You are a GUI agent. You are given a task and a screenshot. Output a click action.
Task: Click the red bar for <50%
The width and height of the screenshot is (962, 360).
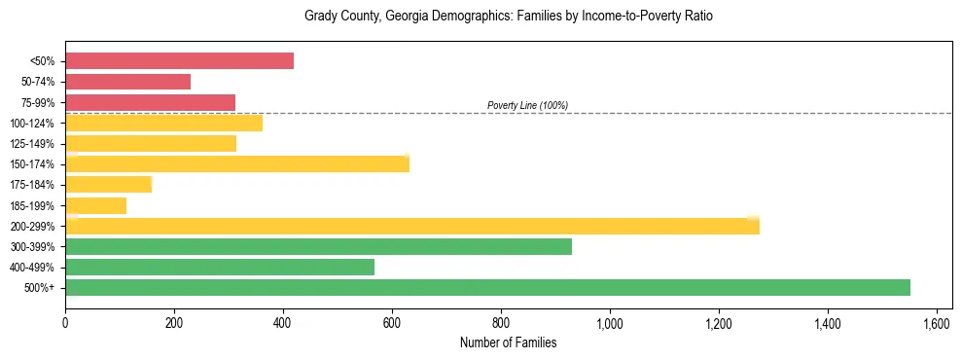click(179, 61)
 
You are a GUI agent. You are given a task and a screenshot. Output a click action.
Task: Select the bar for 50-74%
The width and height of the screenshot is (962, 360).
click(127, 82)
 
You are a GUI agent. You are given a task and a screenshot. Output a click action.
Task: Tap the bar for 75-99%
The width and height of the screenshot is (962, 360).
click(150, 102)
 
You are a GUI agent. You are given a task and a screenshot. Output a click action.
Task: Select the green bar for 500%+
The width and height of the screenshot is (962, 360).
click(487, 287)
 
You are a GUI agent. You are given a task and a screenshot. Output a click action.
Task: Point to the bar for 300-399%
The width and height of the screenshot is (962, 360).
click(318, 246)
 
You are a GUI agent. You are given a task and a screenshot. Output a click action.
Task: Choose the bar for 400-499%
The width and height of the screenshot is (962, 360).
click(220, 267)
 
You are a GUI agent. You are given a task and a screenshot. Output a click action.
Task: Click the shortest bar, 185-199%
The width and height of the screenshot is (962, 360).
click(95, 205)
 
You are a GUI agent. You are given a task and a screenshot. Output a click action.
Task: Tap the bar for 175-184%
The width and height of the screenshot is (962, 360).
click(108, 184)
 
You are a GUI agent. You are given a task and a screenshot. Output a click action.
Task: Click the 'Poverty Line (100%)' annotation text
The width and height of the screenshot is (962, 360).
click(527, 105)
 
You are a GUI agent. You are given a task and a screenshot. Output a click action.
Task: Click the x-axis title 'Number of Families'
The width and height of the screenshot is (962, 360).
click(509, 342)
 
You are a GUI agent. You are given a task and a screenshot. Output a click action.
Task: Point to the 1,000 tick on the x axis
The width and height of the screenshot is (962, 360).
click(610, 323)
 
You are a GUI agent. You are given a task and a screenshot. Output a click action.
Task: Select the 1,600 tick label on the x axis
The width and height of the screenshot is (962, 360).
click(936, 323)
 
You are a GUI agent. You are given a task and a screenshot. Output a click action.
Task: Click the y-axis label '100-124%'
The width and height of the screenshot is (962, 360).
click(33, 124)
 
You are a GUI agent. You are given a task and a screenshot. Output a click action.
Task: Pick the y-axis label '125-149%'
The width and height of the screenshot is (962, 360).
click(33, 144)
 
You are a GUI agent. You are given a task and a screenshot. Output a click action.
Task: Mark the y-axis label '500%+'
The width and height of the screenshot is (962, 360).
click(39, 288)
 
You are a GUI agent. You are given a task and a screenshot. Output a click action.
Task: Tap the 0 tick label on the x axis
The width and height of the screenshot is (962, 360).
click(65, 323)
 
